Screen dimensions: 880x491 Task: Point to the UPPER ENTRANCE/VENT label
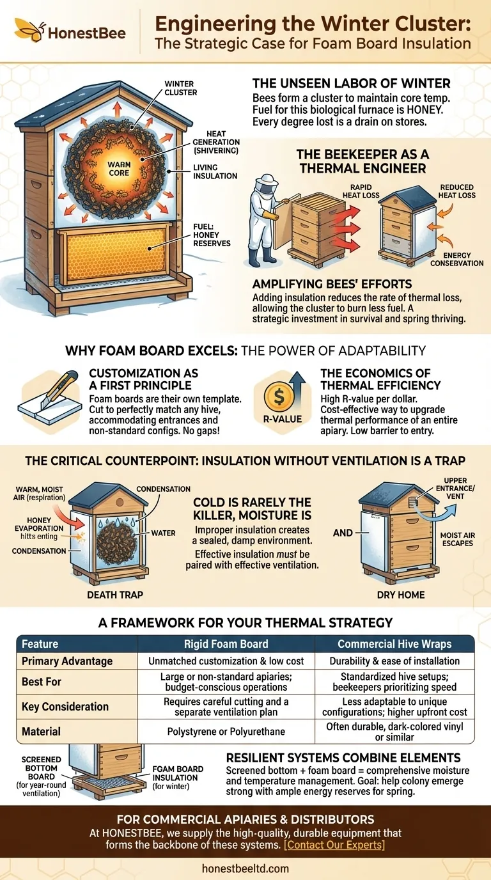click(451, 489)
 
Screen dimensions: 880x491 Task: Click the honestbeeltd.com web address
click(245, 868)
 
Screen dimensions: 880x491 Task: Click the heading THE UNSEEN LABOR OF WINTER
click(351, 83)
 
